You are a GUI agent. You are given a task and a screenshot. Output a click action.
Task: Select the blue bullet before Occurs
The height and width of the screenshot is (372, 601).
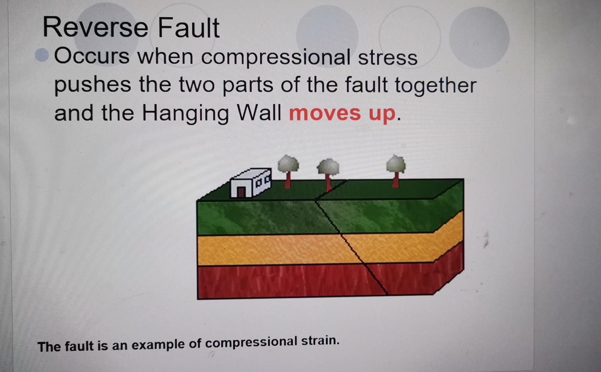[x=42, y=55]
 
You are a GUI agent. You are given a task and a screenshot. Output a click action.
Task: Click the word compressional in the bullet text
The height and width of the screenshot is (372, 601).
[x=275, y=57]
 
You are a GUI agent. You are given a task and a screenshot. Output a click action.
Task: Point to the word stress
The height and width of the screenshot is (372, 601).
[x=388, y=58]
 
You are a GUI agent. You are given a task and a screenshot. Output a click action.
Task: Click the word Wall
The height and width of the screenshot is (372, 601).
[x=259, y=113]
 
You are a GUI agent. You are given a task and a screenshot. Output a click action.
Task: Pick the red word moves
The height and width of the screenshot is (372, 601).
[x=325, y=113]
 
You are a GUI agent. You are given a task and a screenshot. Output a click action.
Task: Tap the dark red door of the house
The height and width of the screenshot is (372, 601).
[x=241, y=192]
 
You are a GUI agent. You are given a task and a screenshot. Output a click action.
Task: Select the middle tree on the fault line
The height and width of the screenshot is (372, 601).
[x=328, y=173]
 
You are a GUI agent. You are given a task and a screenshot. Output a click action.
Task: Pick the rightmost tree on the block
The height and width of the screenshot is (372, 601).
[x=396, y=170]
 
